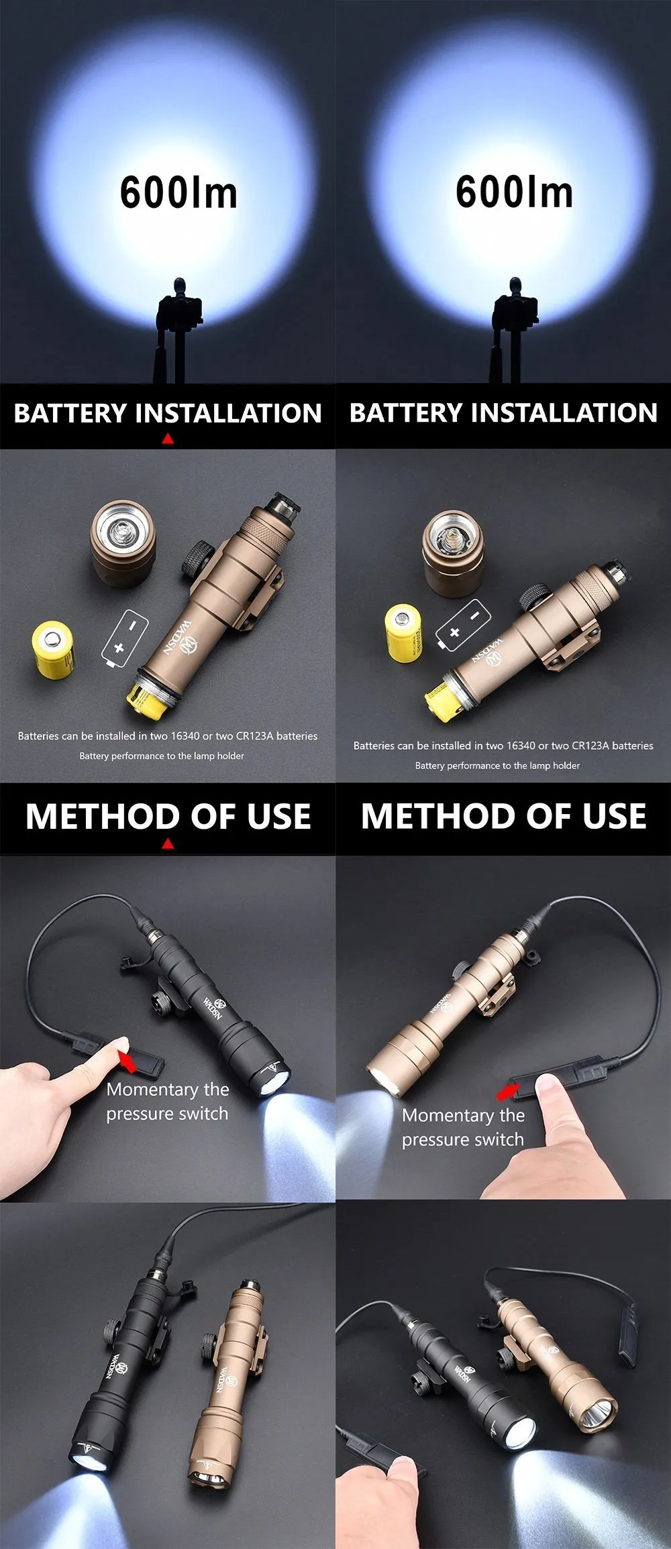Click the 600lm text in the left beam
coord(178,192)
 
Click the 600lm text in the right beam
coord(514,192)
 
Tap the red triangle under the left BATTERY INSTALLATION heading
coord(168,439)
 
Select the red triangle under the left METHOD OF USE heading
coord(168,844)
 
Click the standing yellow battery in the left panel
coord(53,649)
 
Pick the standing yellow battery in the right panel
coord(403,632)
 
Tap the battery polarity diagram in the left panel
coord(125,638)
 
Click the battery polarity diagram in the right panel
coord(463,625)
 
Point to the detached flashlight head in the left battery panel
coord(123,544)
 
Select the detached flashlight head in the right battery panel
coord(454,553)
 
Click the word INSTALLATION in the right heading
coord(564,412)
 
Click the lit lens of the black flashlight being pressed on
coord(274,1081)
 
